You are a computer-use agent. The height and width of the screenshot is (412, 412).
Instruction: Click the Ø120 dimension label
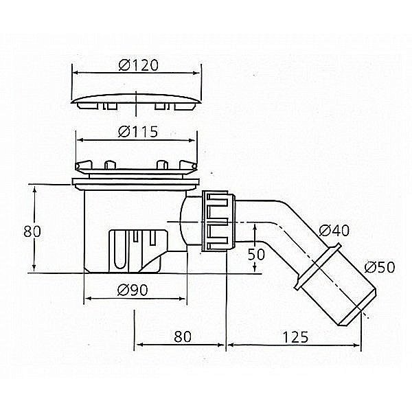click(138, 65)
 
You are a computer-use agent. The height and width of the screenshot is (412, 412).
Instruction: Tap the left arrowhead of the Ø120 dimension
click(75, 73)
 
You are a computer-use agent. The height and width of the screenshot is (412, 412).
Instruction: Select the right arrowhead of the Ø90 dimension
click(185, 301)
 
